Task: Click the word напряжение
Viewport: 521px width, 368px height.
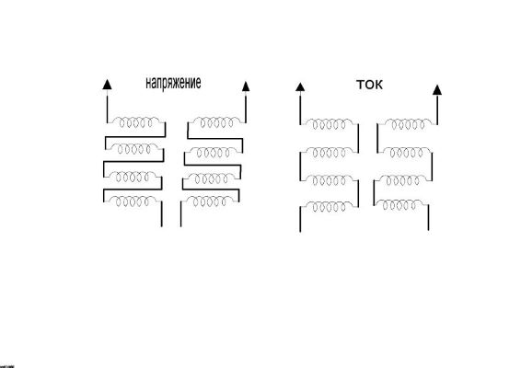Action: (x=173, y=83)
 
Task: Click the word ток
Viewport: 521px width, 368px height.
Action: (x=369, y=85)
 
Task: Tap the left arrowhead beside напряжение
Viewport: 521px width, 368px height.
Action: (x=107, y=85)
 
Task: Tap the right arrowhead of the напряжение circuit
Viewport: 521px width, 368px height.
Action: (x=246, y=86)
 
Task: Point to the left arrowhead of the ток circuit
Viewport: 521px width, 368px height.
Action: (x=300, y=87)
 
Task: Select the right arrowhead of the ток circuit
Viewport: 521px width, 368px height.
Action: (x=437, y=90)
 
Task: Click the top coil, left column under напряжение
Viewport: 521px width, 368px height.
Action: (x=136, y=122)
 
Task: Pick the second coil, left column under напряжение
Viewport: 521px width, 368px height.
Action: (x=134, y=149)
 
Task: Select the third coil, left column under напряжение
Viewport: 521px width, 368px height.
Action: (x=133, y=177)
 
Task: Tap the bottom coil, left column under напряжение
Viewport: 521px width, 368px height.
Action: (x=133, y=201)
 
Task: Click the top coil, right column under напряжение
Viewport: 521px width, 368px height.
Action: (x=217, y=122)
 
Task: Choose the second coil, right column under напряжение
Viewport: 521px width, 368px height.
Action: (x=214, y=152)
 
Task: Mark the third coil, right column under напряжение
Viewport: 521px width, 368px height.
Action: (x=212, y=178)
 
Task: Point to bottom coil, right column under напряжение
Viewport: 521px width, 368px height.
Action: (x=210, y=201)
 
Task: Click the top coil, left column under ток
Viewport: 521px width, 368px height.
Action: (x=330, y=124)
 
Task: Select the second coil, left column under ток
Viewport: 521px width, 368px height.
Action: (x=330, y=153)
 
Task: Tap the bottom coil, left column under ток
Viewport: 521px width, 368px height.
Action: (x=330, y=207)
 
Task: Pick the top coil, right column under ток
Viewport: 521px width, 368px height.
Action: (x=409, y=124)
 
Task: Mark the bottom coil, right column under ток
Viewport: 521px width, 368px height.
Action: (x=399, y=205)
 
